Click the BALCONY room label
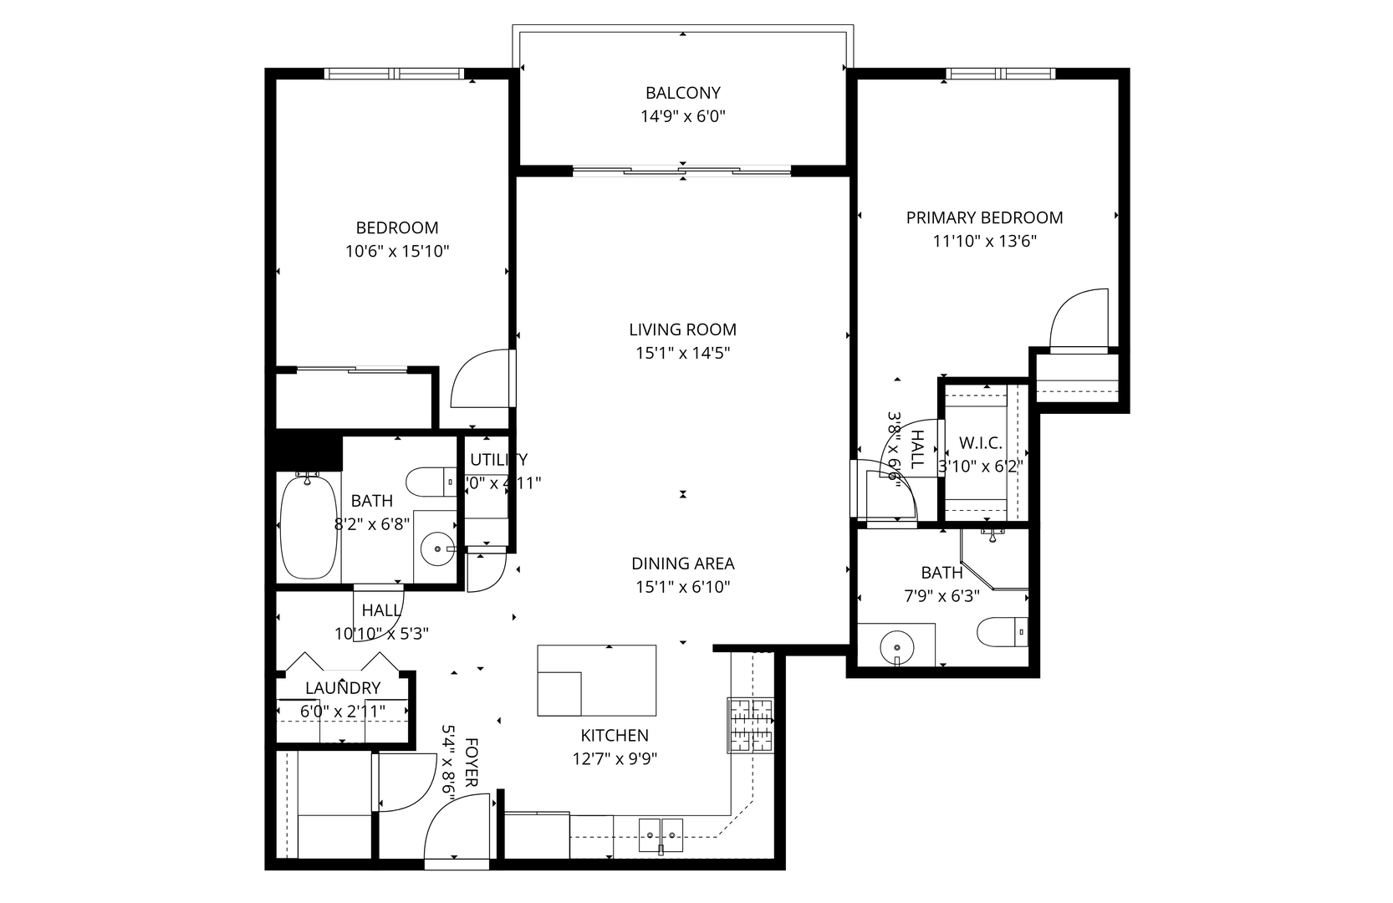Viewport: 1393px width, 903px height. point(682,93)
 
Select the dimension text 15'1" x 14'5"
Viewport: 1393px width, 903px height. point(682,354)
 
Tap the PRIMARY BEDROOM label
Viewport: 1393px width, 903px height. point(984,218)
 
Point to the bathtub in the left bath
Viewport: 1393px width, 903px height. point(309,527)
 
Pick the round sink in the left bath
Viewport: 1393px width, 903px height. point(436,550)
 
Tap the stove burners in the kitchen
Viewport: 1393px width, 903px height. point(750,724)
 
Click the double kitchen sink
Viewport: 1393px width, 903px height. point(661,834)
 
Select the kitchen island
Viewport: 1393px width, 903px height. point(596,680)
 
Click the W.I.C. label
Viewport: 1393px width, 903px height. point(980,443)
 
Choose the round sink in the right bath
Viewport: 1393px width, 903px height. point(896,646)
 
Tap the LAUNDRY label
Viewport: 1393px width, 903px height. point(343,688)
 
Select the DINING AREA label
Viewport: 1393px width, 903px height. point(682,564)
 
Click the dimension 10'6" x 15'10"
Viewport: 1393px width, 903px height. point(397,251)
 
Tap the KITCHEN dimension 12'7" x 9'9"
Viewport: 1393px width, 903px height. point(615,759)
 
